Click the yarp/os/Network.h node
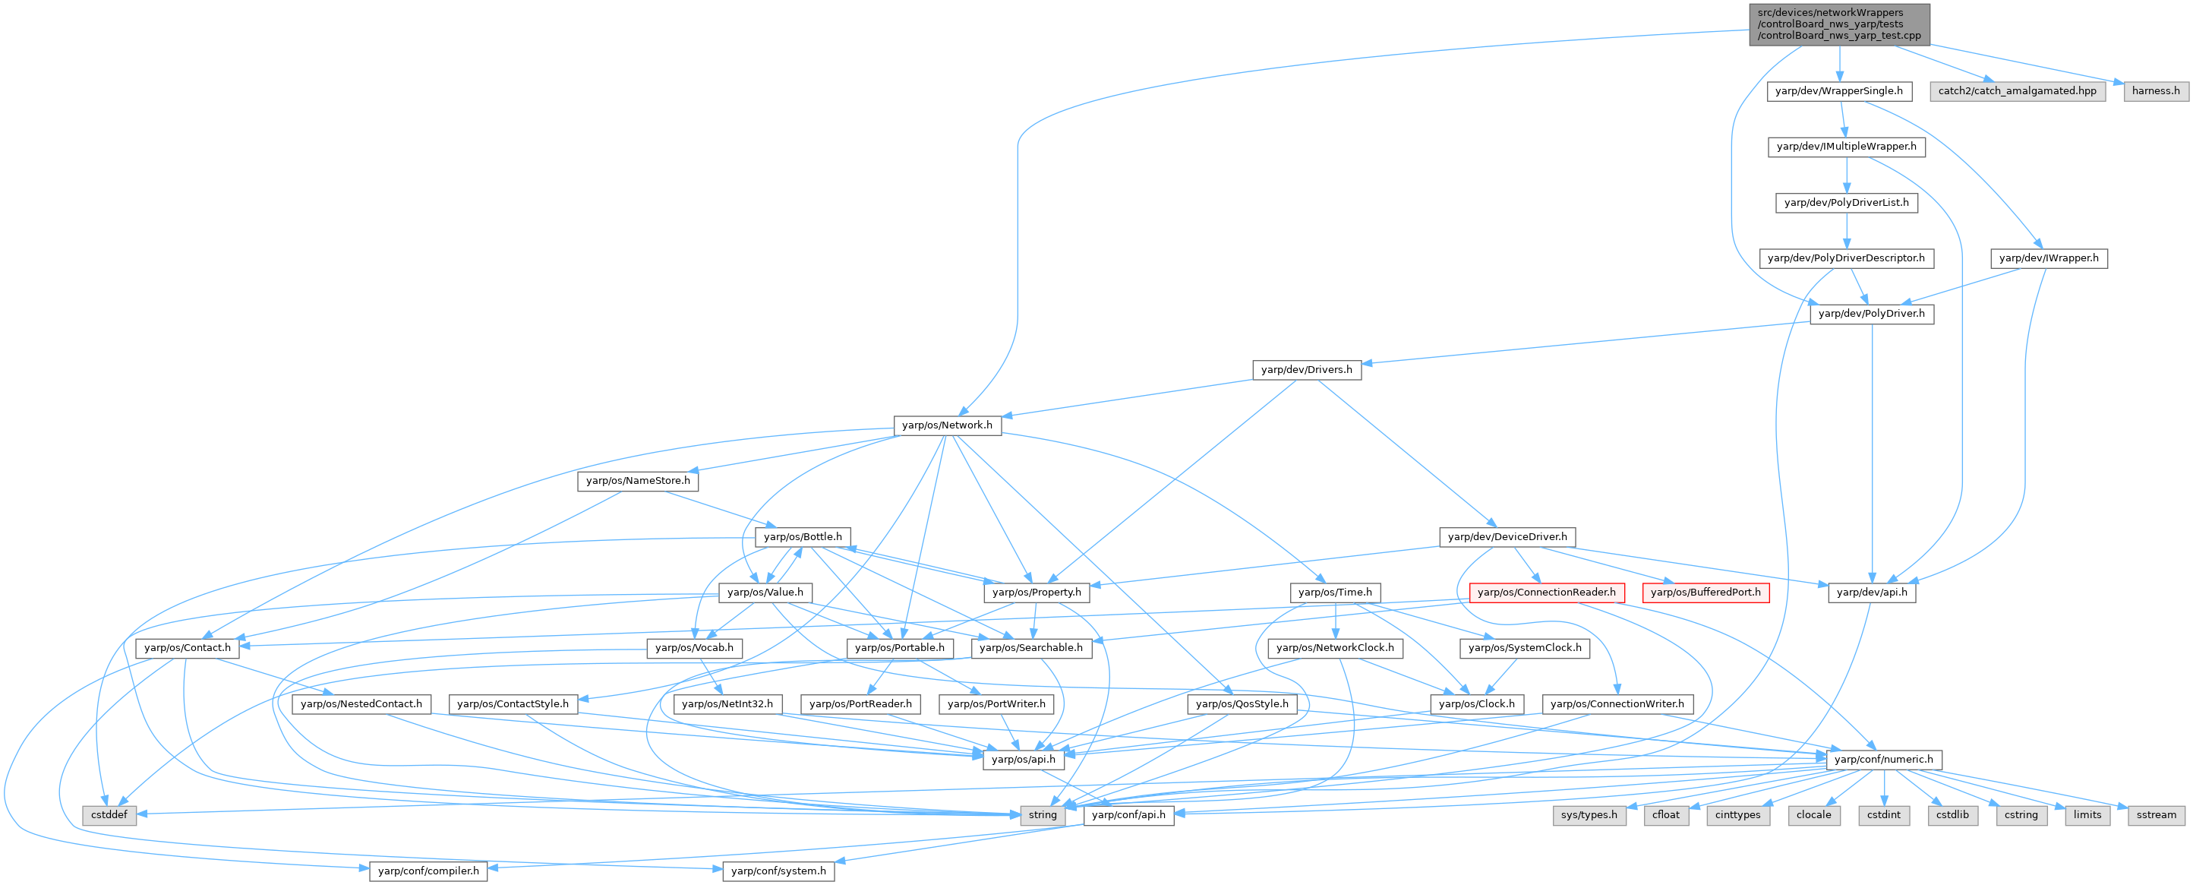(x=947, y=425)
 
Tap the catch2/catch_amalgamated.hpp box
(x=2017, y=91)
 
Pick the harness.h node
(x=2156, y=91)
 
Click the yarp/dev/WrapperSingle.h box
(x=1839, y=91)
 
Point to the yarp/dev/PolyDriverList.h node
(x=1847, y=203)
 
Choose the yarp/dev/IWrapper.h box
(x=2048, y=258)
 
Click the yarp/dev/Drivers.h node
(x=1306, y=370)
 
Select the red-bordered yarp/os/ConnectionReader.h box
(x=1546, y=592)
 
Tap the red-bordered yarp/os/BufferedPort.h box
(x=1705, y=592)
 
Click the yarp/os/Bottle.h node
(x=803, y=536)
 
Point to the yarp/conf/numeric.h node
(x=1883, y=759)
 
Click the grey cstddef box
(x=110, y=815)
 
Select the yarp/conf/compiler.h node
(x=428, y=871)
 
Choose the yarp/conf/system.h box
(x=778, y=871)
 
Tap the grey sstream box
(x=2156, y=815)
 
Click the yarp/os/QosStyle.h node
(x=1242, y=703)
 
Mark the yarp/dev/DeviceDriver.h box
(x=1507, y=536)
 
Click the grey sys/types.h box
(x=1589, y=815)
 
